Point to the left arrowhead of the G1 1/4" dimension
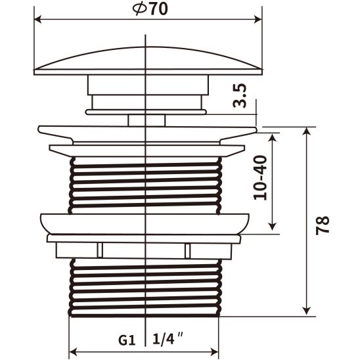(73, 351)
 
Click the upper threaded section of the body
(145, 184)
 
